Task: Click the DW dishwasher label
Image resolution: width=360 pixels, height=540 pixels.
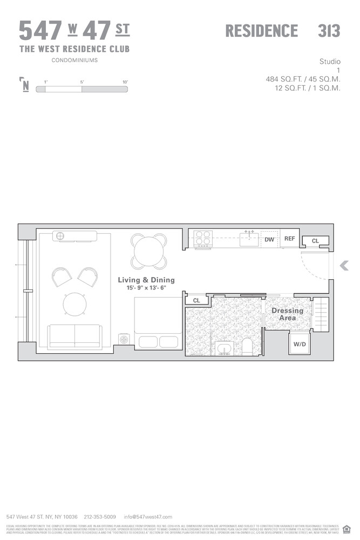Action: (x=269, y=239)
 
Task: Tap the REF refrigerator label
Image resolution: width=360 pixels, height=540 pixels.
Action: (x=290, y=239)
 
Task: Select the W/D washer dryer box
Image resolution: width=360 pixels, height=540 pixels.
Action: (x=300, y=345)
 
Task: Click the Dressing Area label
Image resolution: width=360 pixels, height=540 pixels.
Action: (x=287, y=314)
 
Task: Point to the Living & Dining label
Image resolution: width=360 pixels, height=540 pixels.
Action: (x=147, y=280)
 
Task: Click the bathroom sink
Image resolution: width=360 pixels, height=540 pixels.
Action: (x=223, y=348)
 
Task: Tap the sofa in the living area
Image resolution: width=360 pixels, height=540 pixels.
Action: (x=74, y=337)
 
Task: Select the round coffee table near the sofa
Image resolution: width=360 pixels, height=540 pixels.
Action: (x=74, y=303)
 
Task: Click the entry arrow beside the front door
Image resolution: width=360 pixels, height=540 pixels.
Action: (x=344, y=265)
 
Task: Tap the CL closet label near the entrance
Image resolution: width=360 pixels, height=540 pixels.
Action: (x=315, y=241)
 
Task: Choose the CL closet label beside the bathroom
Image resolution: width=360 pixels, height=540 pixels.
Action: (x=196, y=300)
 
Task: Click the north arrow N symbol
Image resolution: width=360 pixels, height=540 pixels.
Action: (x=25, y=85)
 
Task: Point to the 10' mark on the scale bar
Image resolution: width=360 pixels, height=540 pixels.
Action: (x=125, y=82)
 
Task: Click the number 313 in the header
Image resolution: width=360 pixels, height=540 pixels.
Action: (x=329, y=31)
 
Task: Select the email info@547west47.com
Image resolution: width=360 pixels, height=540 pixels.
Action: (x=148, y=517)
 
